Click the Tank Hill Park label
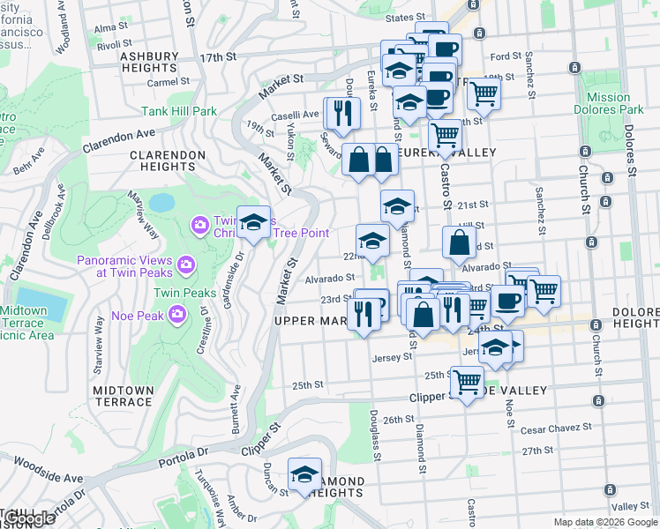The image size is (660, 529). click(179, 112)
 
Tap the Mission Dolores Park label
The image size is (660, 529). click(608, 104)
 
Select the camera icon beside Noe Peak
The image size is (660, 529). click(177, 314)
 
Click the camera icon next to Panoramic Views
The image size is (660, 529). click(185, 264)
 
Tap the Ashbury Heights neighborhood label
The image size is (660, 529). click(148, 62)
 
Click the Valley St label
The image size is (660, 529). click(630, 506)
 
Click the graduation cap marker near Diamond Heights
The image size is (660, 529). click(304, 474)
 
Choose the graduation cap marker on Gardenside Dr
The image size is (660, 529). click(253, 222)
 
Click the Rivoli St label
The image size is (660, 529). click(114, 43)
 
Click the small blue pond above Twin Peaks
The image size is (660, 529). click(161, 203)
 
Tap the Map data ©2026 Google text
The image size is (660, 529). click(604, 522)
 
